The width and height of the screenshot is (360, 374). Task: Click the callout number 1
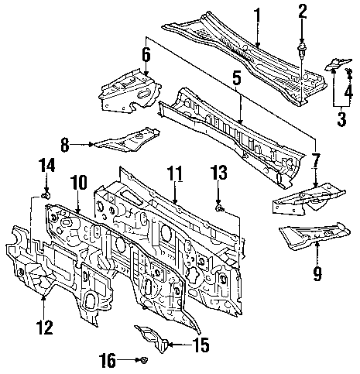coord(257,15)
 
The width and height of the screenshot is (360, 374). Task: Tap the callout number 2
coord(302,12)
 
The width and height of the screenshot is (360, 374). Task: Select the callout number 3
coord(341,118)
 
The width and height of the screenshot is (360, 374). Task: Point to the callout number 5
coord(237,78)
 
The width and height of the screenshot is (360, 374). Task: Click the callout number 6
coord(146,55)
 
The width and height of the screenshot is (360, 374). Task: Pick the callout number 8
coord(64,145)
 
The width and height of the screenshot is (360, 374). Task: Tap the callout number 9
coord(317,273)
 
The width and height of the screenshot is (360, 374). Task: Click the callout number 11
coord(174,173)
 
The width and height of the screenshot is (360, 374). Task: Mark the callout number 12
coord(45,327)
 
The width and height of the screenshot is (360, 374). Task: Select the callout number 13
coord(218,173)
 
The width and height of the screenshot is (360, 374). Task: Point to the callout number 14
coord(46,165)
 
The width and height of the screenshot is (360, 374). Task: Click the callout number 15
coord(201,345)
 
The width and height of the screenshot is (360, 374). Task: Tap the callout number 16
coord(107,361)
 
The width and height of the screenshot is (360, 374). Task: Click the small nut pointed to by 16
coord(143,360)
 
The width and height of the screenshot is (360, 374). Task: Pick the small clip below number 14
coord(46,196)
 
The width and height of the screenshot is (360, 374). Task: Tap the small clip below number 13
coord(219,208)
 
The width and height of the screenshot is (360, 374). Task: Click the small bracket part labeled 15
coord(153,338)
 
